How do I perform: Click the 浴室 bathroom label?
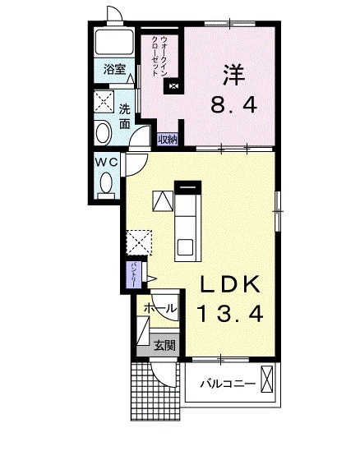(114, 70)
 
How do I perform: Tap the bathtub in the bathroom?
(115, 42)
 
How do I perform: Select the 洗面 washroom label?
(124, 116)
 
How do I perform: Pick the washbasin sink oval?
(104, 134)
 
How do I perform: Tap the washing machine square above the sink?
(104, 103)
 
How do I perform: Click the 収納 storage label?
(168, 139)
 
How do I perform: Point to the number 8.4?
(233, 105)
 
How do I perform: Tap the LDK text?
(232, 285)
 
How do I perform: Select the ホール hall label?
(159, 308)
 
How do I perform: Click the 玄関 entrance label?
(164, 345)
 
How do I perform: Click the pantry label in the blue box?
(132, 274)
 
